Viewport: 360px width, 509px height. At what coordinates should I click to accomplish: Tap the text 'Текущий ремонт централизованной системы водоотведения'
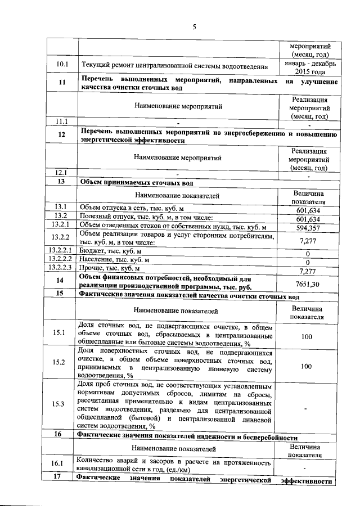pyautogui.click(x=174, y=66)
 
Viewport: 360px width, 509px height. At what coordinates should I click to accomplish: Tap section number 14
pyautogui.click(x=61, y=280)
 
